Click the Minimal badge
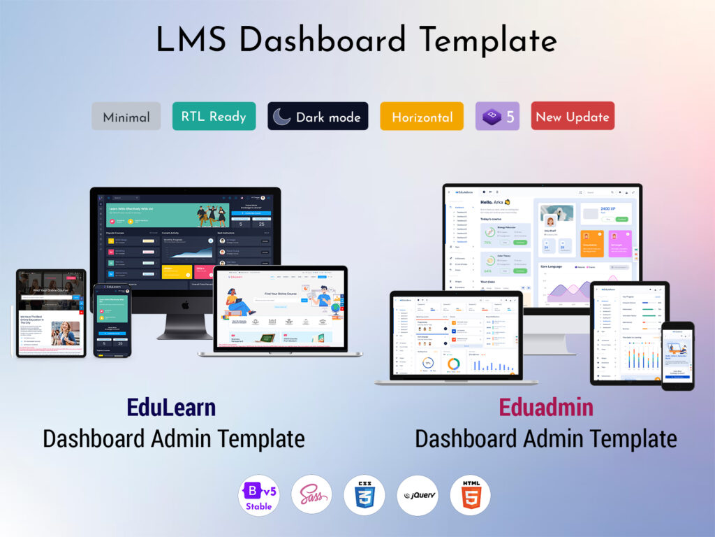click(126, 117)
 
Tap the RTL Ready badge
click(214, 116)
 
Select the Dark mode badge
click(318, 117)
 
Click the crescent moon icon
click(282, 117)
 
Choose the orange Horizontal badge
click(422, 117)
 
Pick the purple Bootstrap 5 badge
click(497, 117)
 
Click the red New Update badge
click(573, 117)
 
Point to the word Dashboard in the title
click(327, 41)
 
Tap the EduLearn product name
click(171, 407)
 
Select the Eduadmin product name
click(545, 407)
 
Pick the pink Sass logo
click(311, 496)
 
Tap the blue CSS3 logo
click(364, 496)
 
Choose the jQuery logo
click(417, 496)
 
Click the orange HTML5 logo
click(470, 496)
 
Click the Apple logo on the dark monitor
click(185, 305)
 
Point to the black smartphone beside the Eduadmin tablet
click(677, 355)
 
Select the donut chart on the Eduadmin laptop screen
click(454, 364)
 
